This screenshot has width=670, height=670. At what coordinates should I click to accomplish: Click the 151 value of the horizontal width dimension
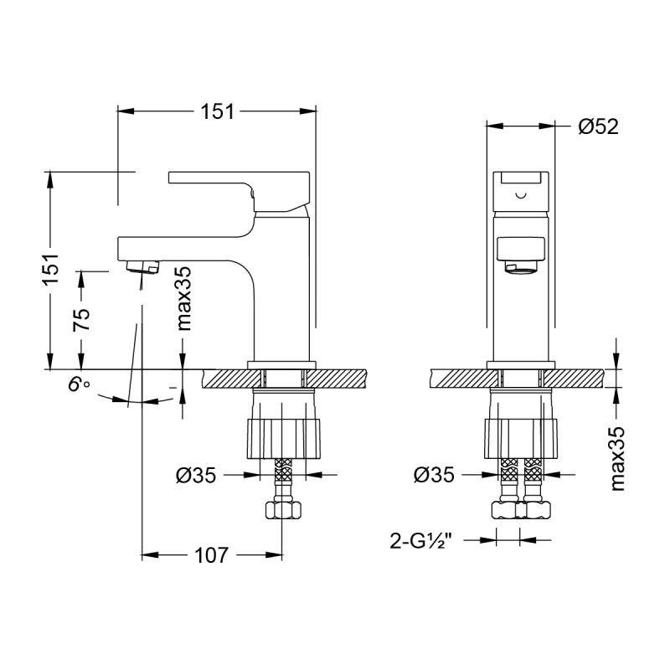click(217, 111)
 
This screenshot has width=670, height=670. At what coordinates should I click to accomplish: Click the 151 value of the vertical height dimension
click(51, 271)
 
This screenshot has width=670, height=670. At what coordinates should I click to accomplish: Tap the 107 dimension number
click(211, 554)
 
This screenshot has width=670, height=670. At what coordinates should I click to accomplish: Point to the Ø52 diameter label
click(598, 126)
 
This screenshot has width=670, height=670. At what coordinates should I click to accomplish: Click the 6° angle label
click(80, 386)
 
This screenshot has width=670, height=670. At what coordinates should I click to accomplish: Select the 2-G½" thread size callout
click(425, 540)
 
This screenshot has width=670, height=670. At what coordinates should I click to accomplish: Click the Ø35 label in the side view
click(196, 476)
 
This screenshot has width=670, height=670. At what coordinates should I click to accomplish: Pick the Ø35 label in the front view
click(434, 476)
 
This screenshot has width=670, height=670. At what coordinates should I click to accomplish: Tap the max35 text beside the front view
click(617, 456)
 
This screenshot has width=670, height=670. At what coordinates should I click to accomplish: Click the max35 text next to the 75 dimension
click(183, 298)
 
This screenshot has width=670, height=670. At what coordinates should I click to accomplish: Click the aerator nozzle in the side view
click(142, 268)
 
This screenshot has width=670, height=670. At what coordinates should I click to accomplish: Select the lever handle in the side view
click(243, 185)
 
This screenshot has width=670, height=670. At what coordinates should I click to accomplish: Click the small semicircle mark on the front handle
click(521, 196)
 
